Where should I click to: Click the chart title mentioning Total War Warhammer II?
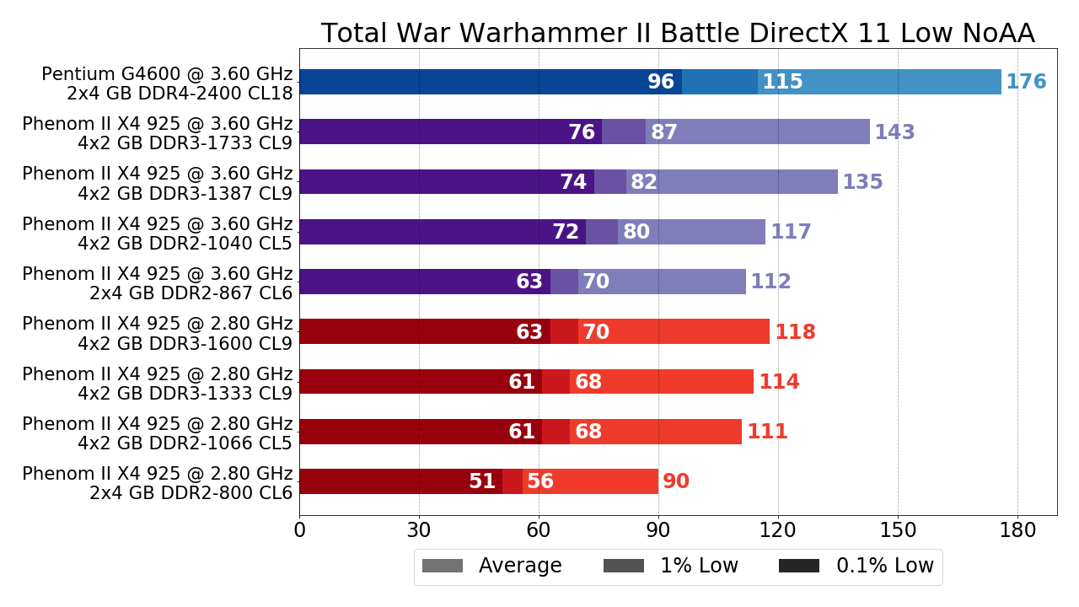678,34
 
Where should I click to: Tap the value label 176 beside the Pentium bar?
1026,83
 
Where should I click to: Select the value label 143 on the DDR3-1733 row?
894,132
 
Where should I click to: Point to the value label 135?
862,182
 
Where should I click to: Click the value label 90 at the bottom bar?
676,482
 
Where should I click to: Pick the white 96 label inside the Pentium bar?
661,83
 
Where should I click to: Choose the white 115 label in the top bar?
782,83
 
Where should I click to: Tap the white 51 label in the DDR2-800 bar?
482,482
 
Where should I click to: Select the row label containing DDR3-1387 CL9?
158,183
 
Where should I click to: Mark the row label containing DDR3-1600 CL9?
158,333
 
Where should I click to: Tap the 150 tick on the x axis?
898,530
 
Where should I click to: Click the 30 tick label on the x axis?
419,530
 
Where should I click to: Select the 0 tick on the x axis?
300,530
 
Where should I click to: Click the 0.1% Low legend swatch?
799,567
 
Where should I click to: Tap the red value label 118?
795,332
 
